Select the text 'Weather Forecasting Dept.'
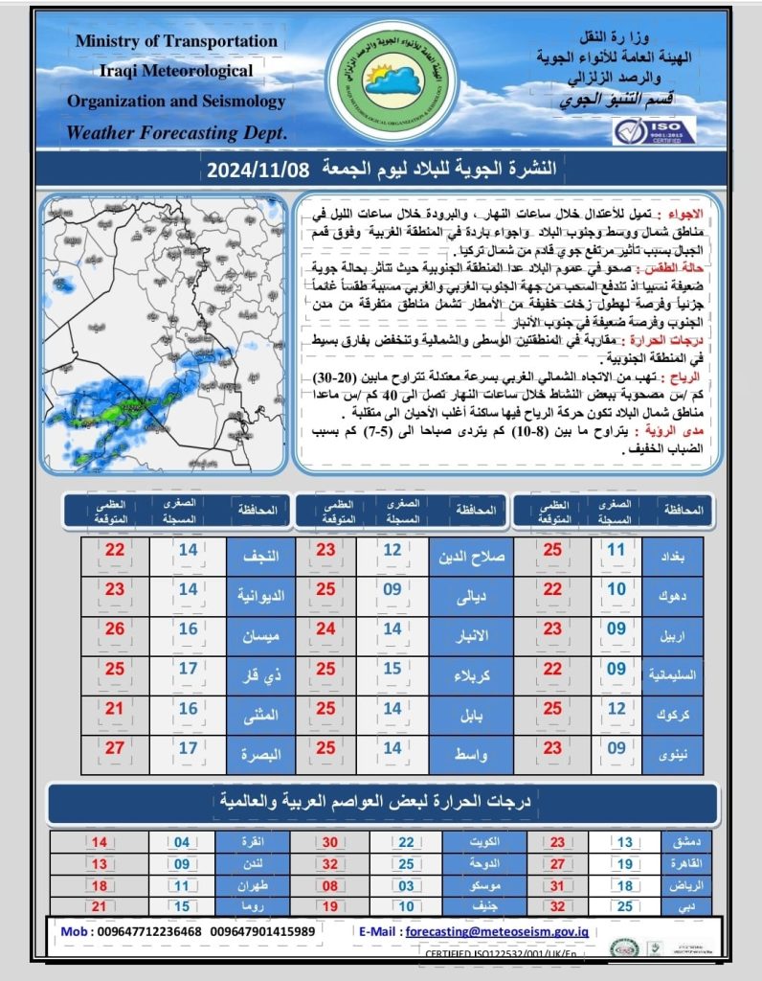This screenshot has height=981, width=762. [176, 132]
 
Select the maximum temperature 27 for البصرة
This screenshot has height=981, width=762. [115, 747]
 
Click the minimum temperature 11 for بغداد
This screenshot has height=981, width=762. [616, 553]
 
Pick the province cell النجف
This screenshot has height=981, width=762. [257, 553]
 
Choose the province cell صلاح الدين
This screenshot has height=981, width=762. [472, 553]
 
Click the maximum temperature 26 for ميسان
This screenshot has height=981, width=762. [115, 629]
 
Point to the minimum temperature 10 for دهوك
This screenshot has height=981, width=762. [616, 591]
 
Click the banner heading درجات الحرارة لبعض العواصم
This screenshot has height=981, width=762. [380, 799]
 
